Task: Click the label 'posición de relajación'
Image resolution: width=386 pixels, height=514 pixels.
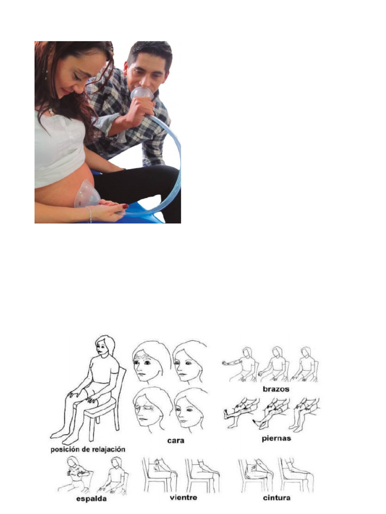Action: (87, 449)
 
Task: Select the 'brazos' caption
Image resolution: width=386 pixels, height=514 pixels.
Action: (275, 389)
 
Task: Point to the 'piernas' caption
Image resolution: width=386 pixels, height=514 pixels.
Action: (276, 438)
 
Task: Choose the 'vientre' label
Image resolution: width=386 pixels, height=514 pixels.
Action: (183, 498)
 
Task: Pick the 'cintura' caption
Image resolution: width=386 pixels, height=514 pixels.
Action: (276, 498)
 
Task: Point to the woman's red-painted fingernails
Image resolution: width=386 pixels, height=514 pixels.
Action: (118, 205)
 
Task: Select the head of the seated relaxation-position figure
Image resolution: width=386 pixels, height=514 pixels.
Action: (104, 347)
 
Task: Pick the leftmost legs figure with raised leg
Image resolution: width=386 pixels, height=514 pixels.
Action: (240, 412)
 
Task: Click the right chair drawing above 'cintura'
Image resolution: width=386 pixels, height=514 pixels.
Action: (296, 474)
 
